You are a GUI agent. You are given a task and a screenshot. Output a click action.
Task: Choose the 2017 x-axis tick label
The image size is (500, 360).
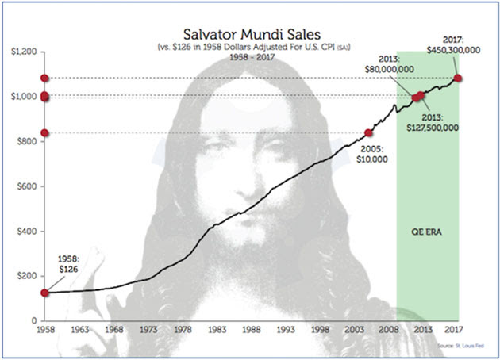click(x=453, y=329)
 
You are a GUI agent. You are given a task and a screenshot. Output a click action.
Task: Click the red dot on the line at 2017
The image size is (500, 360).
click(x=458, y=78)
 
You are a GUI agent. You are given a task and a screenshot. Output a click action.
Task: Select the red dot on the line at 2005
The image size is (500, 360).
click(x=368, y=132)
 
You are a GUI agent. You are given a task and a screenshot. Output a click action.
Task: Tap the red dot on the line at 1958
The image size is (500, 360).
click(x=44, y=293)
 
